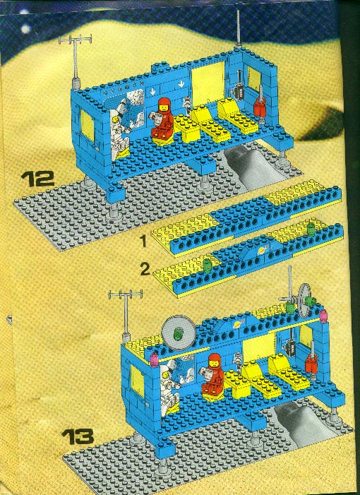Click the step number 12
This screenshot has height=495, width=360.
[x=38, y=179]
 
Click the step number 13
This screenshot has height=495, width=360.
[x=78, y=436]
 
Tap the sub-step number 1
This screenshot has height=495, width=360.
[x=143, y=241]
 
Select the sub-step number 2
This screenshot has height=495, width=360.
[x=145, y=270]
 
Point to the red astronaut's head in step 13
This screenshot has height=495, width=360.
[x=215, y=361]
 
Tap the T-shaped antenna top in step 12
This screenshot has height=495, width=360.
[x=75, y=40]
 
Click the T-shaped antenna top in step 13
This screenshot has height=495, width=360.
[x=125, y=294]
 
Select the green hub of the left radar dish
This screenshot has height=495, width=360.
[x=179, y=333]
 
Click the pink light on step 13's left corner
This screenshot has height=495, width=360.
[x=155, y=360]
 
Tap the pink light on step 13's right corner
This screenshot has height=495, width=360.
[x=324, y=316]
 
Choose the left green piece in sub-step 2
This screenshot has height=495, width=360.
[x=207, y=266]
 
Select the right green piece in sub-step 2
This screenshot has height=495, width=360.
[x=311, y=228]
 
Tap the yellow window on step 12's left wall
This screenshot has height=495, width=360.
[x=88, y=124]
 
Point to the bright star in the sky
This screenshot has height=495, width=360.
[x=25, y=29]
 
